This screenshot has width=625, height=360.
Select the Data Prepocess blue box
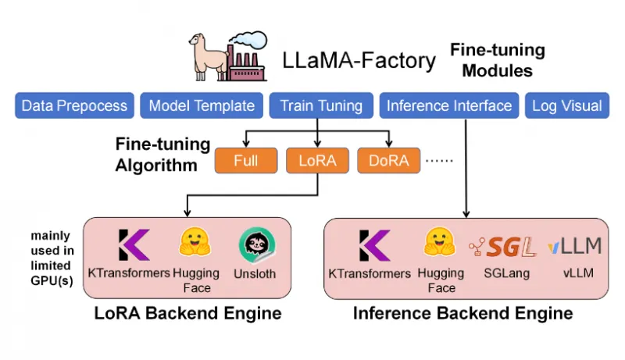click(x=74, y=105)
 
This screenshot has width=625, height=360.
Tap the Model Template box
click(x=202, y=105)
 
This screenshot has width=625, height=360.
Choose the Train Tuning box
click(x=321, y=105)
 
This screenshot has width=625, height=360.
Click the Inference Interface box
click(x=449, y=105)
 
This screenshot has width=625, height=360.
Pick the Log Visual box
click(x=566, y=105)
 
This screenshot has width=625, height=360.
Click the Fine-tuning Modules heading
click(x=497, y=60)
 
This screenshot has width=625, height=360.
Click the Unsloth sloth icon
click(x=255, y=245)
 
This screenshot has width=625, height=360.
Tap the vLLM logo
click(x=574, y=247)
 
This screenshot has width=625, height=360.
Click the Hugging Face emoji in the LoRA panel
click(x=191, y=244)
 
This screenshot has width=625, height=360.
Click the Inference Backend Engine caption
click(x=463, y=314)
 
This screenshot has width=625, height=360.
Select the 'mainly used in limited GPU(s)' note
click(x=52, y=258)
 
